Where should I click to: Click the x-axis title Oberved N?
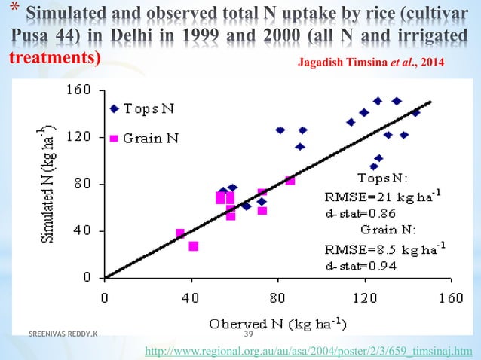[x=277, y=325]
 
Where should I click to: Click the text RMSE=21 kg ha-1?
[x=383, y=197]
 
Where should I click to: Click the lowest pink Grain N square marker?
[x=194, y=246]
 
